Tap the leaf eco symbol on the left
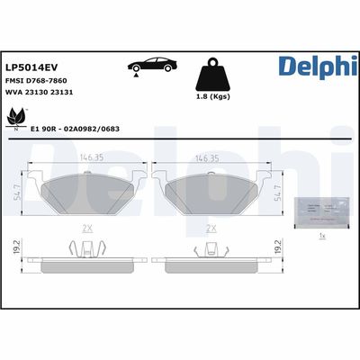pos(16,117)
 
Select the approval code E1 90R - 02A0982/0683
pos(76,129)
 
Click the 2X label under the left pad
pos(86,229)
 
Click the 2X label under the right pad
pos(210,229)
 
